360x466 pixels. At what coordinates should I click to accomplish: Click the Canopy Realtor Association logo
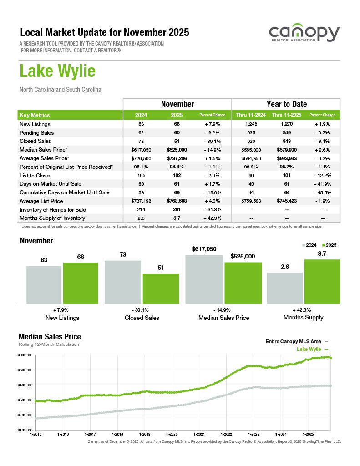point(304,35)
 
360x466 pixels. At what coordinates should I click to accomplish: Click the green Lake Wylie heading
point(57,71)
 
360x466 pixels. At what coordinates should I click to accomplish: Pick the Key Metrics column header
point(35,115)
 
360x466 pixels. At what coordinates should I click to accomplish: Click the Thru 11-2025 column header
point(287,115)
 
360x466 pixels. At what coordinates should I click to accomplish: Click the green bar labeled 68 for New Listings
point(81,283)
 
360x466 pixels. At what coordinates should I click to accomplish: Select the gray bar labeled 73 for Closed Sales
point(122,281)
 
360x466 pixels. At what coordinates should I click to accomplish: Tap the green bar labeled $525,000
point(243,282)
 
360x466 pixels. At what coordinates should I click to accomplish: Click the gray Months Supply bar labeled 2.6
point(284,288)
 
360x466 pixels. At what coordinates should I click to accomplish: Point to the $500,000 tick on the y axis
point(25,370)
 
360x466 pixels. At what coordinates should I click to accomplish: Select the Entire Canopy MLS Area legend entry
point(296,341)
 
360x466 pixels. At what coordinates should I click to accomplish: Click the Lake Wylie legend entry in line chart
point(312,349)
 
